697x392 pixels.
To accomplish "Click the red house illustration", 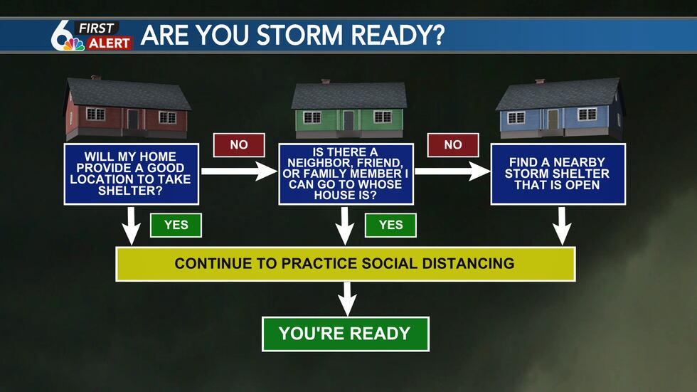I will pos(127,108).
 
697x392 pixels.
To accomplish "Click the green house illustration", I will pos(348,108).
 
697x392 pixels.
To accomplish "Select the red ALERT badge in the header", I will pos(110,43).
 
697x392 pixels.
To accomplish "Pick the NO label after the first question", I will pos(239,144).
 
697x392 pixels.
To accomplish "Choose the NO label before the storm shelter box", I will pos(453,144).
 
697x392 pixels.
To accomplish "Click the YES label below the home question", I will pos(176,225).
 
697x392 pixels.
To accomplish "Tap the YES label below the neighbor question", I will pos(390,225).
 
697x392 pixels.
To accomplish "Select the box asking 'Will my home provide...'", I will pos(130,174).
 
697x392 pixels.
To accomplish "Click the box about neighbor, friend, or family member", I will pos(345,174).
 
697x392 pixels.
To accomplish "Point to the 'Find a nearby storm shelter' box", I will pos(558,174).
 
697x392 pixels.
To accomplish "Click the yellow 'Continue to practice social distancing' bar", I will pos(345,263).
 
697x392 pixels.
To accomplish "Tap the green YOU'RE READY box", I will pos(345,334).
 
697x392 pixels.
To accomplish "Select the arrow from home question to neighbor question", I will pos(238,171).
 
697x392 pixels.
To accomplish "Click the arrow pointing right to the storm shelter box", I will pos(452,171).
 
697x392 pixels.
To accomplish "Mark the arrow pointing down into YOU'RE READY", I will pos(346,298).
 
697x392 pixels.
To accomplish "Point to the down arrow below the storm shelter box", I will pos(562,226).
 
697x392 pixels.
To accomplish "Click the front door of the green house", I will pos(348,120).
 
